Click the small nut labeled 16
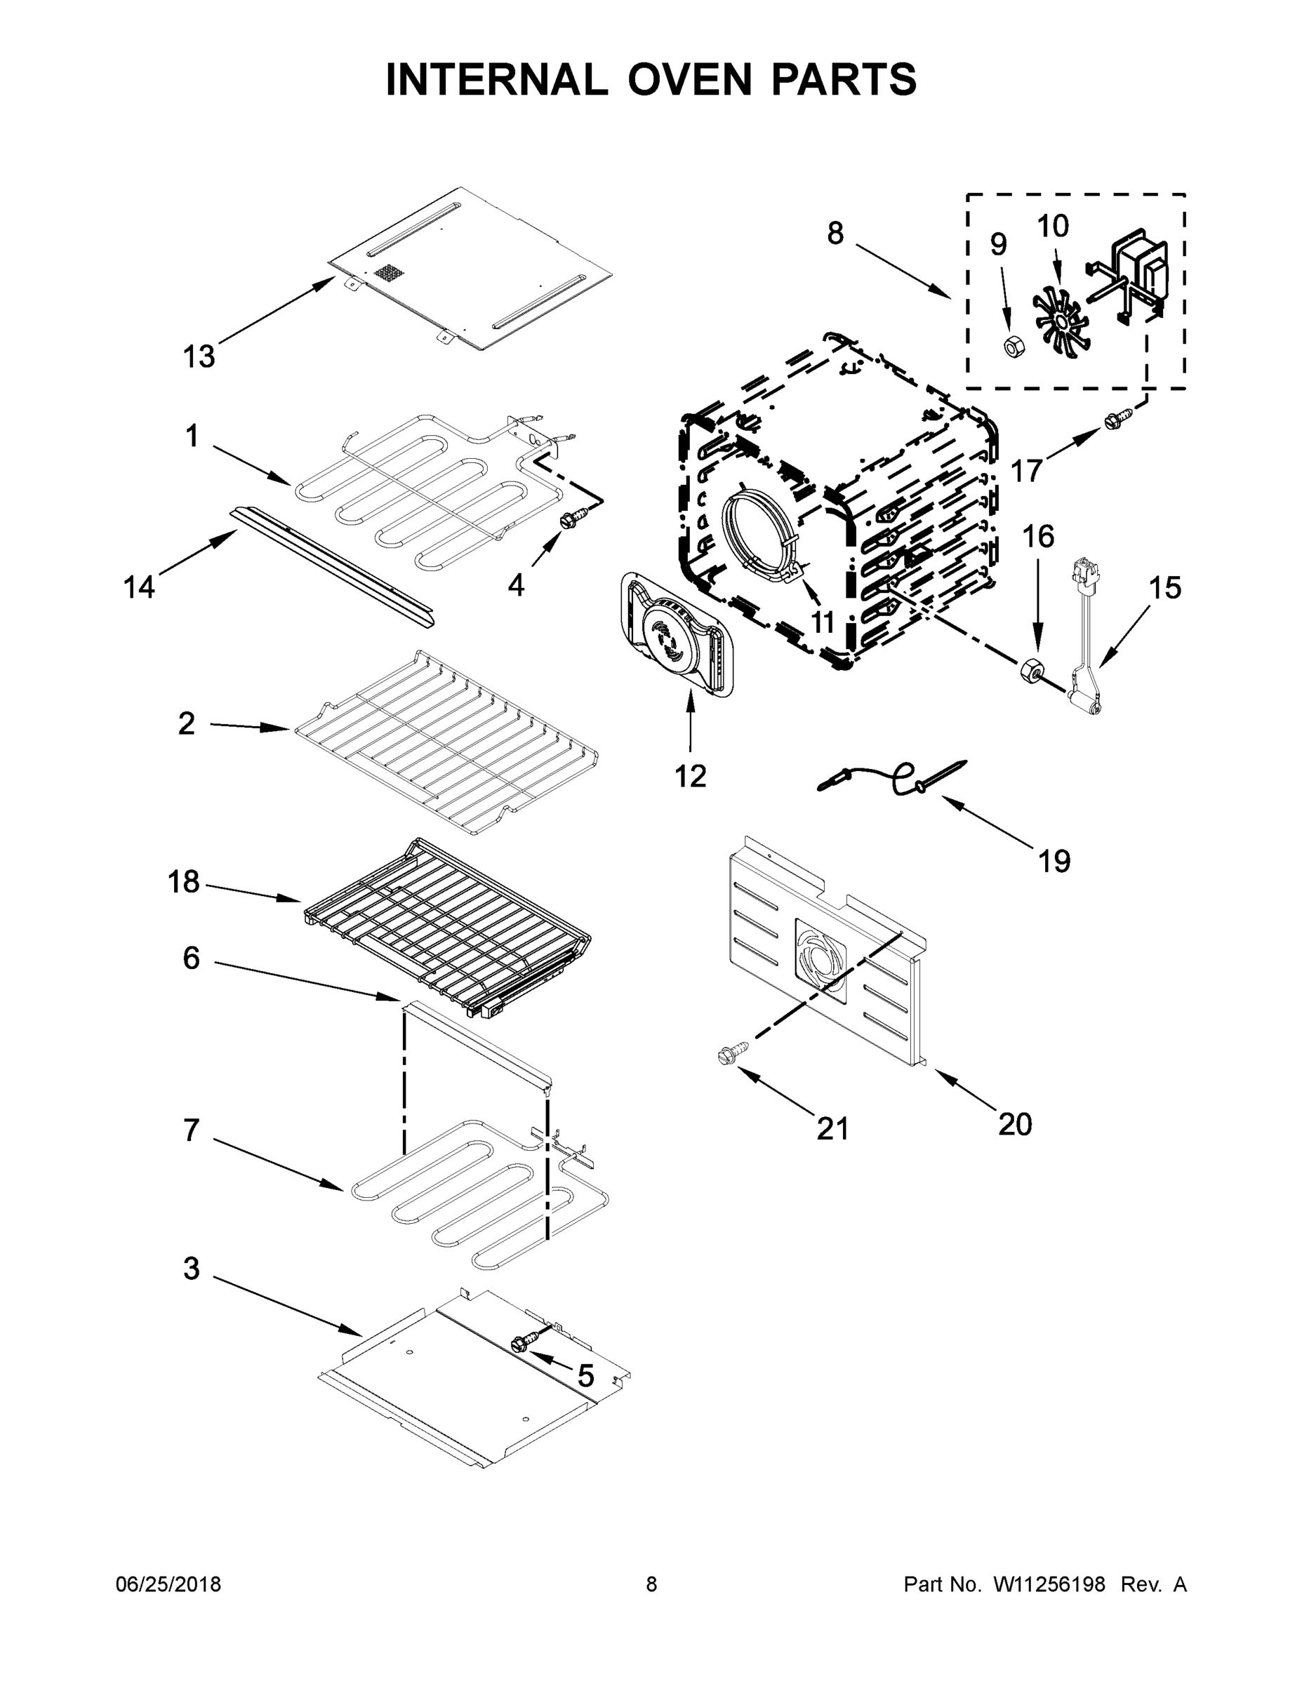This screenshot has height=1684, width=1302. [1030, 669]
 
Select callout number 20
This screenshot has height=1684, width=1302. [1014, 1125]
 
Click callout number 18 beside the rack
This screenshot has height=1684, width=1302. [184, 881]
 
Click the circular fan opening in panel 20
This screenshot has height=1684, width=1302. [820, 961]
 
